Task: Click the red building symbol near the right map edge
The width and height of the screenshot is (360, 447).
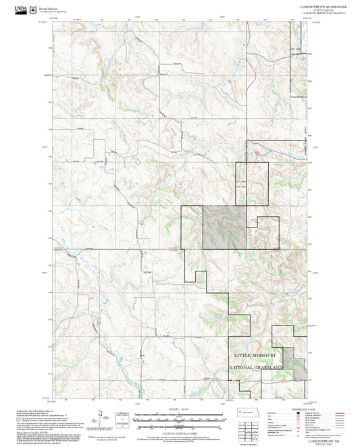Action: [257, 154]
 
